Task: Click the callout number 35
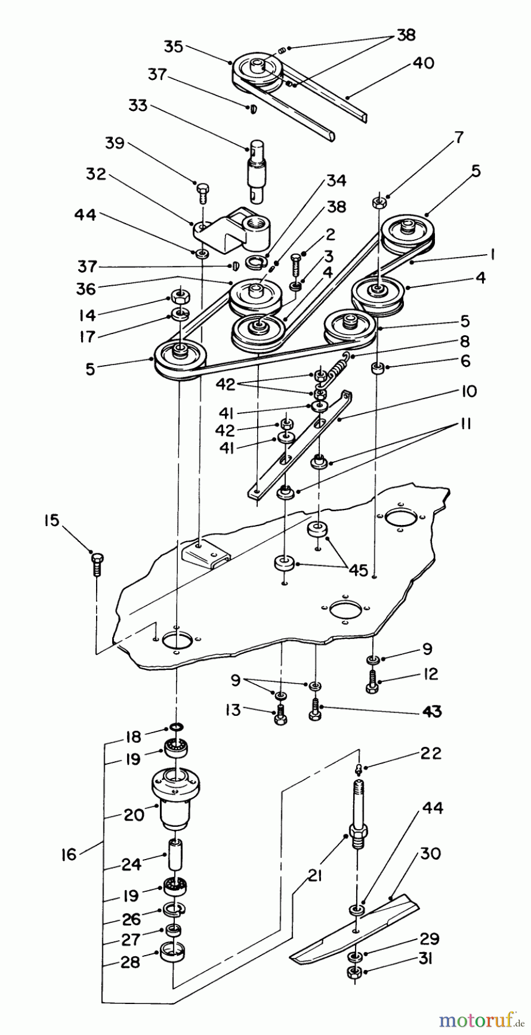click(x=173, y=46)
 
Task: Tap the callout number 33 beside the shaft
click(x=137, y=106)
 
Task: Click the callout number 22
click(x=430, y=753)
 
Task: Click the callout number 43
click(x=431, y=712)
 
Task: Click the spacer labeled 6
click(x=379, y=369)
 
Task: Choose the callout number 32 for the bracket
click(x=97, y=174)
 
